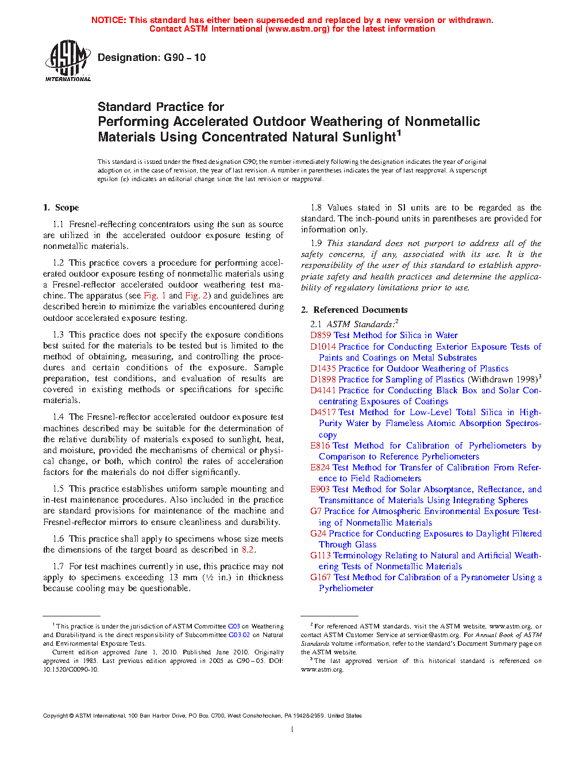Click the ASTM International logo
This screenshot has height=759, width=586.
[x=68, y=60]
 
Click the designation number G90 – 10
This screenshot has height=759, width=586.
[x=184, y=57]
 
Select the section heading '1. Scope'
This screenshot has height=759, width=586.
[x=61, y=208]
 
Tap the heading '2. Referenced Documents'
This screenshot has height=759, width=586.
[x=354, y=310]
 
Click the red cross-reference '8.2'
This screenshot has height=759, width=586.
[x=248, y=550]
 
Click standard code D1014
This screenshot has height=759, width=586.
[x=323, y=347]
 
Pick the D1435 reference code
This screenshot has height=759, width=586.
[x=323, y=369]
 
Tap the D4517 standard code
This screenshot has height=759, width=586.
[x=323, y=412]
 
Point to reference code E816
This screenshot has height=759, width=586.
[x=320, y=446]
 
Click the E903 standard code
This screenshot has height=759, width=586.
[x=320, y=489]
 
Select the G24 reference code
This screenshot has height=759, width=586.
[x=318, y=534]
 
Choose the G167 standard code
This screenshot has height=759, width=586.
[x=321, y=577]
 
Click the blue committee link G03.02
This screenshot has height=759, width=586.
[x=239, y=635]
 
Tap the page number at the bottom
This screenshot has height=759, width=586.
[x=292, y=730]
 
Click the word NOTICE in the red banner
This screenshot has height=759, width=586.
[x=109, y=20]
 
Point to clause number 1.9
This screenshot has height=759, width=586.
[x=316, y=243]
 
